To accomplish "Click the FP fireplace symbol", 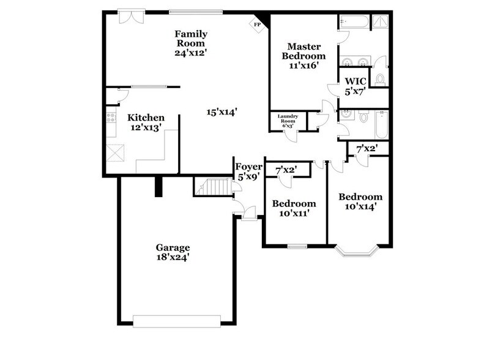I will pos(257,24).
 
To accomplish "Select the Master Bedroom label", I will pos(300,56).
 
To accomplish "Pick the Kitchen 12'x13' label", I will pos(146,122).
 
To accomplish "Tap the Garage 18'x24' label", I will pos(173,252).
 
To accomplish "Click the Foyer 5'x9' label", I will pos(249,171).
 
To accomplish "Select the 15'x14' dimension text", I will pos(221,112).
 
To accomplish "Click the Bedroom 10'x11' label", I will pos(294,208).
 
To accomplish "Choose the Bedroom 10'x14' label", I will pos(360,201).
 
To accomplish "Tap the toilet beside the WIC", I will pos(379,78).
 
